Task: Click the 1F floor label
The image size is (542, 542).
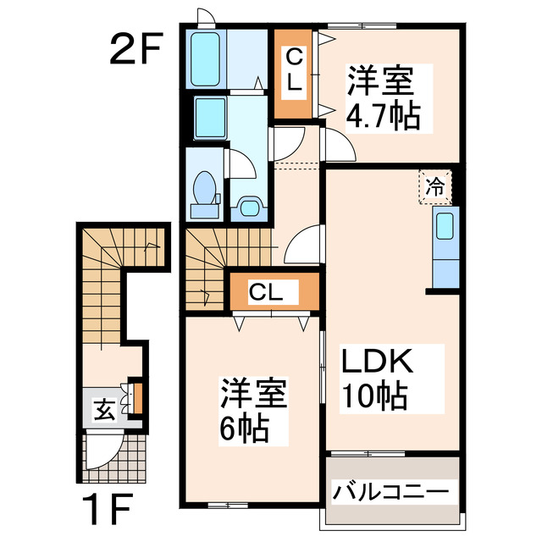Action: point(108,511)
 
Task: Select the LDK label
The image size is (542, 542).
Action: point(377,364)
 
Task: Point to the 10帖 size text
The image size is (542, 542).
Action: point(373,395)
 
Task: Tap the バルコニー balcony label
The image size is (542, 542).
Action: point(390,491)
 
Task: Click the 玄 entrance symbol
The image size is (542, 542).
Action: point(104,412)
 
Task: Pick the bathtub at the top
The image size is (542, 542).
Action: point(207,59)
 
